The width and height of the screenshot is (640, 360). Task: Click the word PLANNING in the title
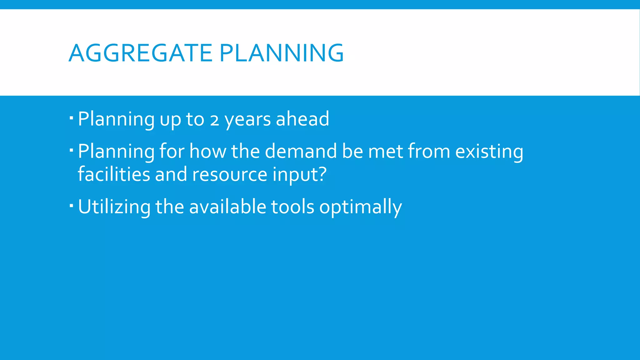tap(282, 53)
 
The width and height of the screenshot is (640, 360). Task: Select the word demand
tap(301, 151)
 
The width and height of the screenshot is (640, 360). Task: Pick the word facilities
tap(114, 174)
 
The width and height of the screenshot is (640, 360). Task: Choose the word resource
tap(230, 175)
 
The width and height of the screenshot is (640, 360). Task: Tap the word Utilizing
tap(114, 207)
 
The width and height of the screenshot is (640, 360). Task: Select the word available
tap(227, 207)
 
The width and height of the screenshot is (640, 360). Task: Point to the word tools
tap(292, 207)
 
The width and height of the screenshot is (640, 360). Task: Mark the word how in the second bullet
tap(208, 151)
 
